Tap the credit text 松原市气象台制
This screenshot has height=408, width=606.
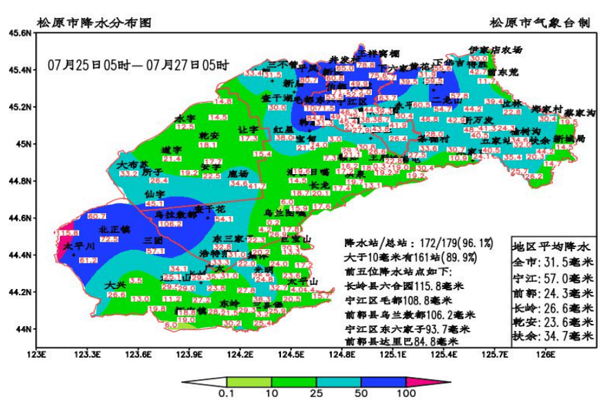click(539, 23)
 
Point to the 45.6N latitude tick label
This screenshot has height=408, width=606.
click(19, 32)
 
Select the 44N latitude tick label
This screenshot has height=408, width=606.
click(24, 329)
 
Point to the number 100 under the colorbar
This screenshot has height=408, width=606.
click(406, 394)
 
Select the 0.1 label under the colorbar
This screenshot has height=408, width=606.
click(227, 394)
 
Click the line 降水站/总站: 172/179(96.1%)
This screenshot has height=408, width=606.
click(419, 243)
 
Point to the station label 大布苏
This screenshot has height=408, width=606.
click(132, 165)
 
